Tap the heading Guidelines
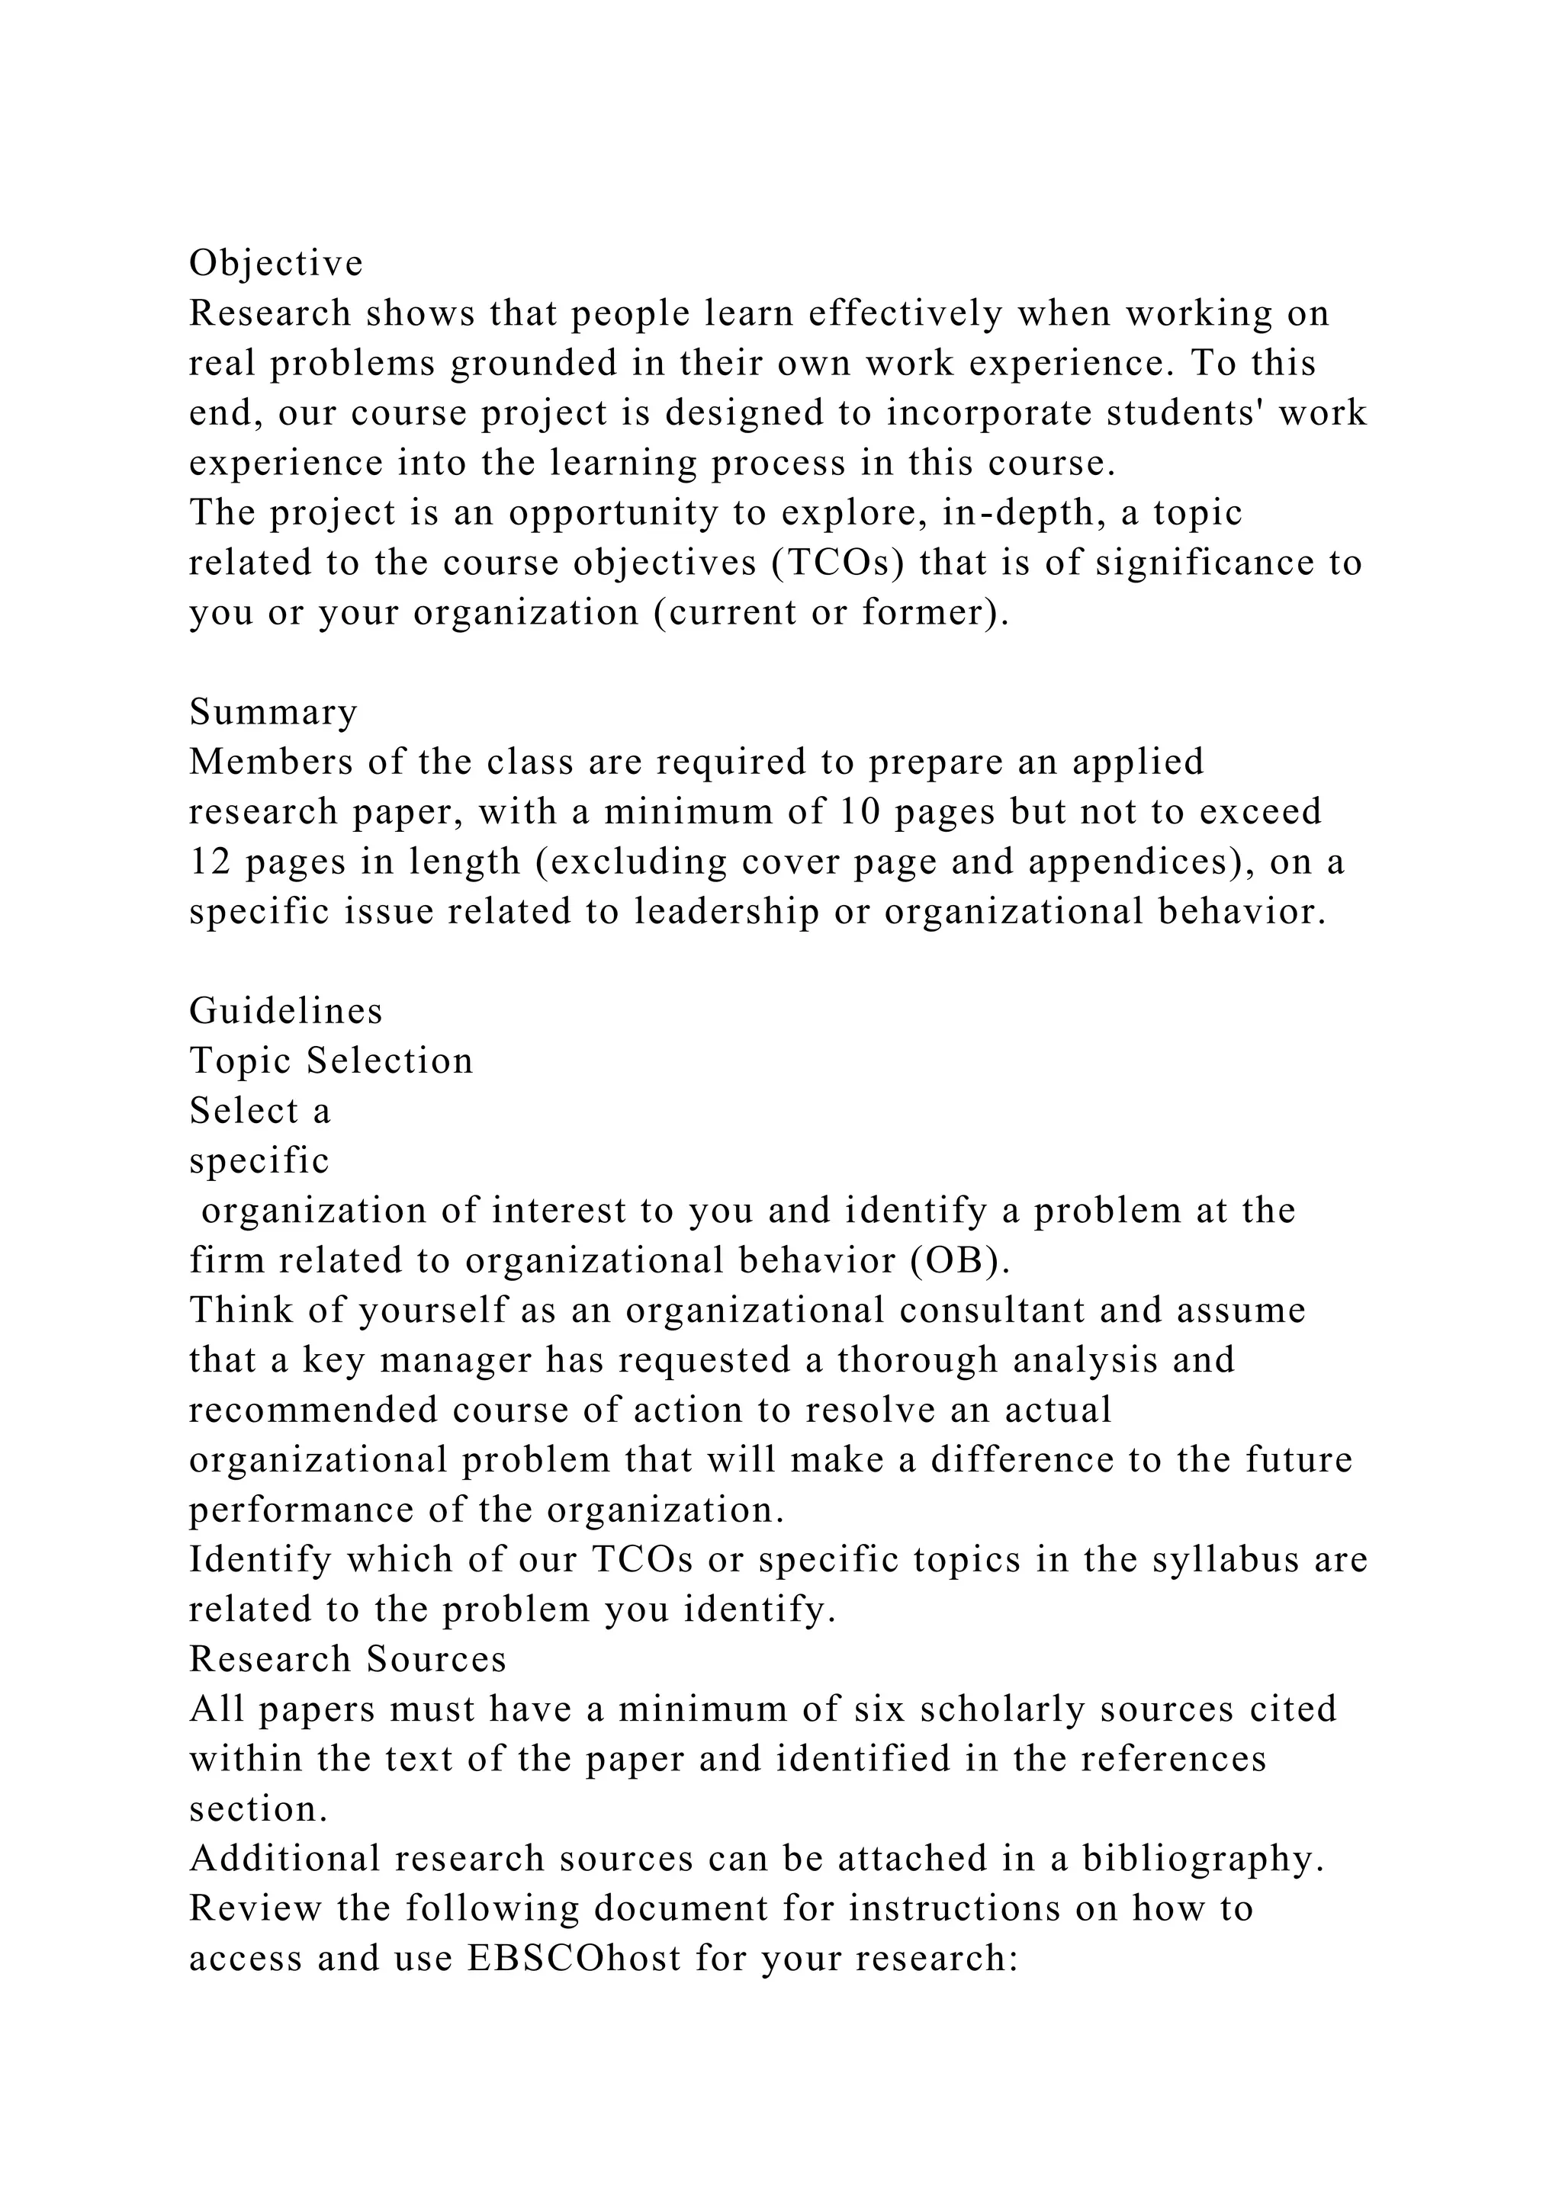tap(286, 1011)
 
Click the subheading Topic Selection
tap(331, 1061)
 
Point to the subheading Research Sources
tap(347, 1659)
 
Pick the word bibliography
tap(1204, 1859)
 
